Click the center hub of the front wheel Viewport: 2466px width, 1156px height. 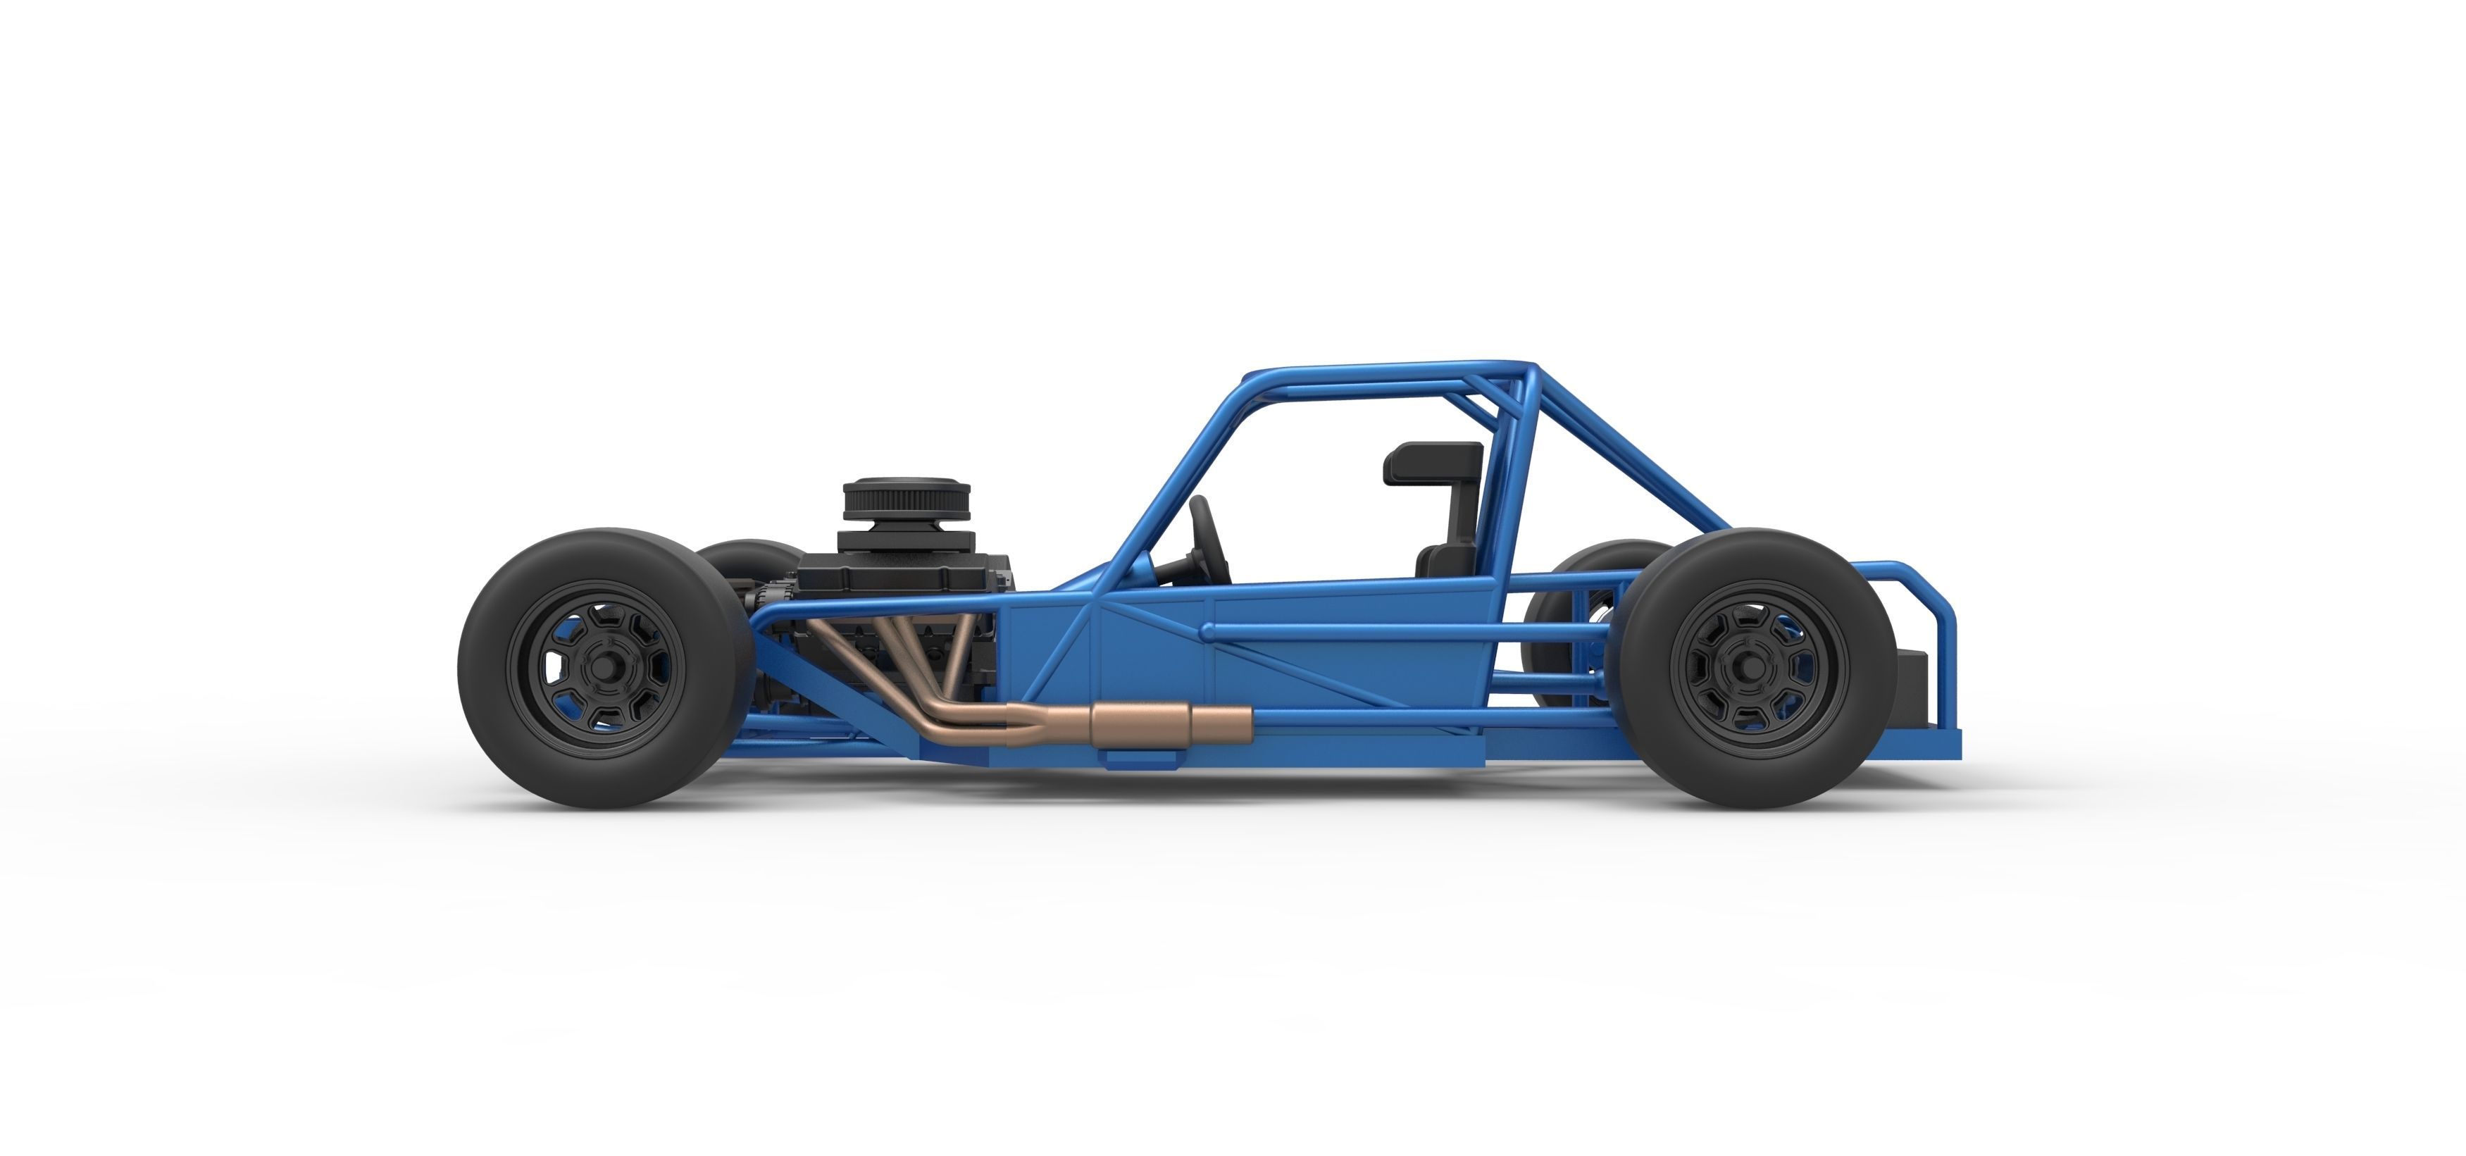[x=602, y=666]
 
